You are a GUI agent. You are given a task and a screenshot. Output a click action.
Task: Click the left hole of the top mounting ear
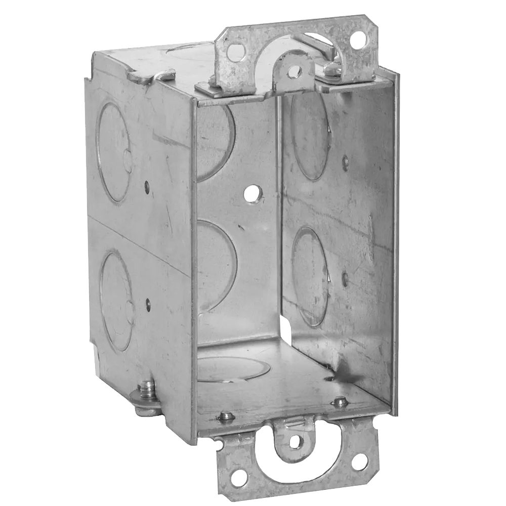(233, 50)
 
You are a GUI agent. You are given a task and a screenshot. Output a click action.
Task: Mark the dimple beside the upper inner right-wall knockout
(346, 162)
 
